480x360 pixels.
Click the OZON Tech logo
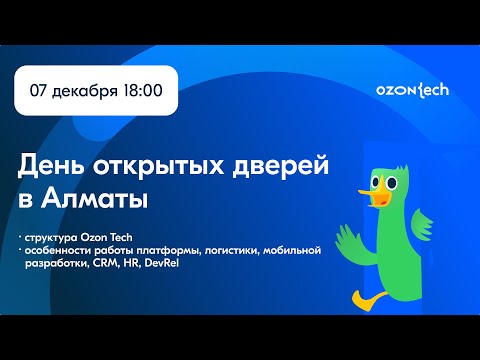413,89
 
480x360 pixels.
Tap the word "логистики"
227,250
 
